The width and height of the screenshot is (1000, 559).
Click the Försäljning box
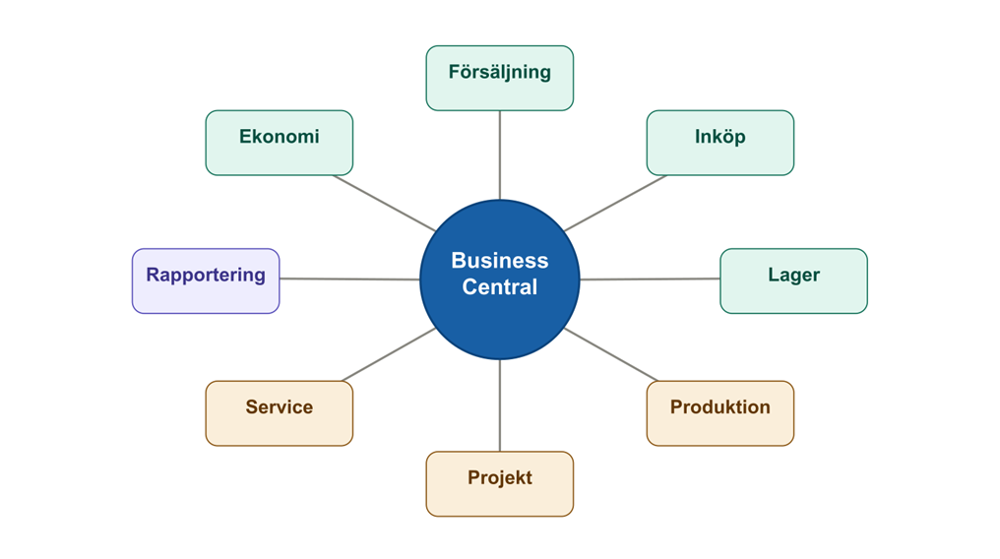[x=499, y=78]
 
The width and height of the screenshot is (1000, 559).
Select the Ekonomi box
[x=279, y=143]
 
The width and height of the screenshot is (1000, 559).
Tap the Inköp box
[x=719, y=143]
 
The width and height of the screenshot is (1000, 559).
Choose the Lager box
[x=793, y=280]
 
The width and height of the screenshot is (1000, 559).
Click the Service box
[x=279, y=413]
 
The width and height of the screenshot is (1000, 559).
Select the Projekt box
[x=499, y=483]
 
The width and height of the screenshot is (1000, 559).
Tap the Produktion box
[x=719, y=413]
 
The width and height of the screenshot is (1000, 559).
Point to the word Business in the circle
[x=500, y=261]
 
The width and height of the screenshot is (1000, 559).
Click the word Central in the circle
[x=500, y=287]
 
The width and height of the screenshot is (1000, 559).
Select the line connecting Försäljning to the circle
[x=500, y=155]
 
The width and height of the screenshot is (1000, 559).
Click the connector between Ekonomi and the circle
[x=384, y=203]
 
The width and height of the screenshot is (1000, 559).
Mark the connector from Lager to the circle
[x=650, y=279]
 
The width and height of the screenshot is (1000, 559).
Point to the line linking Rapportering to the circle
[x=349, y=279]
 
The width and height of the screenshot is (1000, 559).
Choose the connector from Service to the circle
[x=389, y=354]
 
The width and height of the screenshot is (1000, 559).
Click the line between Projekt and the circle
[x=500, y=405]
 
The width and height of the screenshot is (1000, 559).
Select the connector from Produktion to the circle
[x=610, y=354]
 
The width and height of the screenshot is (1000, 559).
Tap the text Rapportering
[x=206, y=275]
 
